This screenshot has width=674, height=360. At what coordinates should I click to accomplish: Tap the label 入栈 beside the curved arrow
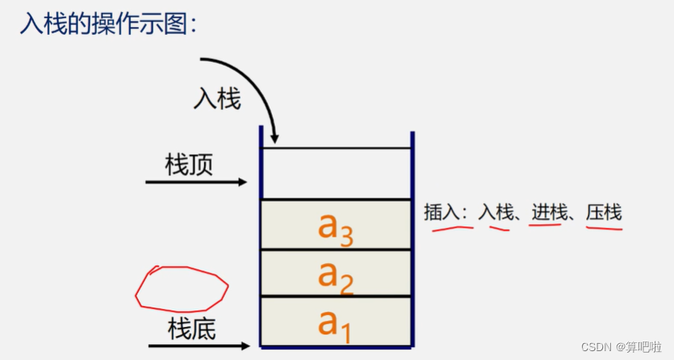click(x=216, y=99)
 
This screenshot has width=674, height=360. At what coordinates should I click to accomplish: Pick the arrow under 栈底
click(x=199, y=347)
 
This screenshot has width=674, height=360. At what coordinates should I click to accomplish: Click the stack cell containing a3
click(x=336, y=225)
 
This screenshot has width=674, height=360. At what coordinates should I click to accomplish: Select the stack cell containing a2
click(x=336, y=273)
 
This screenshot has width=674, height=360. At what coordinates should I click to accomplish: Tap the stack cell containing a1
click(x=336, y=320)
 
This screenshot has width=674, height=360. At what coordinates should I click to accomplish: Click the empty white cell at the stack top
click(x=336, y=173)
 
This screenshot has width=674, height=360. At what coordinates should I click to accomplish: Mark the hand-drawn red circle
click(x=182, y=289)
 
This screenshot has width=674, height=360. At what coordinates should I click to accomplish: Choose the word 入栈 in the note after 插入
click(x=496, y=212)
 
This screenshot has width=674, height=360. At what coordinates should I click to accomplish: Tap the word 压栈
click(x=604, y=212)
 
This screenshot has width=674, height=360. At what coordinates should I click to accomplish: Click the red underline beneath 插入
click(x=452, y=228)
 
